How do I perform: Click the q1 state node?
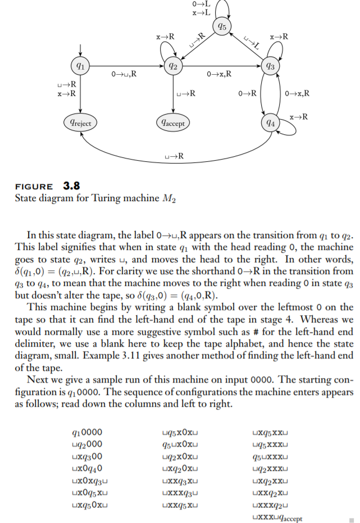click(x=81, y=65)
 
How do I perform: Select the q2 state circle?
click(x=174, y=66)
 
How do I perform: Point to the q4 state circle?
click(x=271, y=122)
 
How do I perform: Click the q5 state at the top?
click(x=222, y=26)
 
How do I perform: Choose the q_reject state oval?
click(x=81, y=122)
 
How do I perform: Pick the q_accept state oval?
click(x=173, y=122)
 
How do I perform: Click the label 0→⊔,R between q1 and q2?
click(x=125, y=73)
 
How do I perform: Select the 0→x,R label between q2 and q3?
click(x=219, y=73)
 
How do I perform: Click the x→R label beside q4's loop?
click(x=298, y=116)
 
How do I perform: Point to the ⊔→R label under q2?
click(x=186, y=93)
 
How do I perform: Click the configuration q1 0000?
click(x=88, y=433)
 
